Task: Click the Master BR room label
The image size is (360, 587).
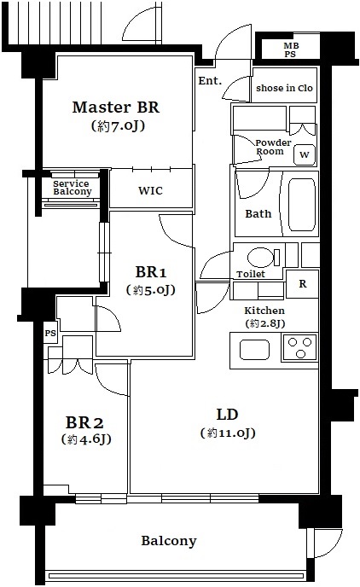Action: (x=116, y=108)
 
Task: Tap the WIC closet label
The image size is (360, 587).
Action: (x=150, y=190)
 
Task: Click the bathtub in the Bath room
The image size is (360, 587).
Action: (x=302, y=205)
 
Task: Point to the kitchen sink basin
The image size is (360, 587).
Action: (x=254, y=350)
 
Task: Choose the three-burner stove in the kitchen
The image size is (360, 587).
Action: (x=299, y=347)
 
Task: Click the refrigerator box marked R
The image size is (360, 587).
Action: (x=302, y=284)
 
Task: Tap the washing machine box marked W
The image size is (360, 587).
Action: (x=305, y=154)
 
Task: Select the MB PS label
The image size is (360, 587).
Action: (x=291, y=49)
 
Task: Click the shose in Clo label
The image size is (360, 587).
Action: (x=284, y=89)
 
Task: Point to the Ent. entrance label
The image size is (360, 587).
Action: (x=210, y=80)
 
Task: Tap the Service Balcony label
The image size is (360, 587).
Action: (x=72, y=188)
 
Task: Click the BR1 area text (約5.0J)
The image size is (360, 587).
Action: (x=150, y=290)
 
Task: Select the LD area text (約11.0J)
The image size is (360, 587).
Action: (x=228, y=433)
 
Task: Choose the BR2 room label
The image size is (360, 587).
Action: (x=84, y=423)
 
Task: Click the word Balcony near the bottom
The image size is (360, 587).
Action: (x=168, y=541)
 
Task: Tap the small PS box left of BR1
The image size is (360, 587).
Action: (x=50, y=333)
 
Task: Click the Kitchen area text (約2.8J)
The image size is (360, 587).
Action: (x=265, y=323)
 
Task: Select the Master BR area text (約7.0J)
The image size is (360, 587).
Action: (x=118, y=125)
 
